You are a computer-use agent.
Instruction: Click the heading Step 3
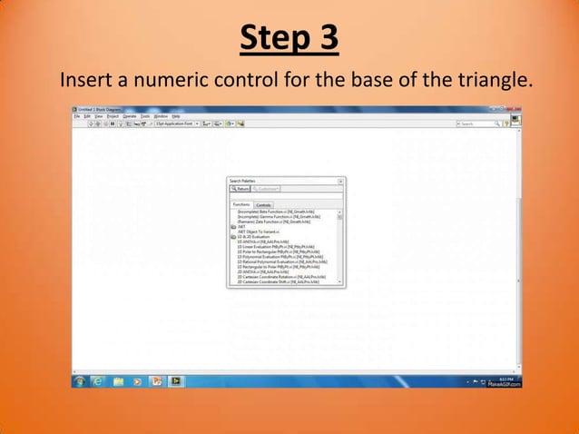pyautogui.click(x=289, y=39)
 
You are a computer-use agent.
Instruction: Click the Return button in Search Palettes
pyautogui.click(x=240, y=189)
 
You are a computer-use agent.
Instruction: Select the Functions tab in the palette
pyautogui.click(x=240, y=205)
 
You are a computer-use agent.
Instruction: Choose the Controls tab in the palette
pyautogui.click(x=263, y=205)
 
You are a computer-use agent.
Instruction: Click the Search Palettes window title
pyautogui.click(x=242, y=181)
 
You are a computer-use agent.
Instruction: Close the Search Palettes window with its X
pyautogui.click(x=340, y=181)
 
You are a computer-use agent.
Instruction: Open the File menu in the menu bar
pyautogui.click(x=76, y=116)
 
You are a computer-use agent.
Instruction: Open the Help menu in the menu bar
pyautogui.click(x=176, y=116)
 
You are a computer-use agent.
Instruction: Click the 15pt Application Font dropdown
pyautogui.click(x=177, y=123)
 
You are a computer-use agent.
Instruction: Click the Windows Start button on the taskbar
pyautogui.click(x=80, y=381)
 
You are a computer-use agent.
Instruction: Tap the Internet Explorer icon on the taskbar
pyautogui.click(x=97, y=381)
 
